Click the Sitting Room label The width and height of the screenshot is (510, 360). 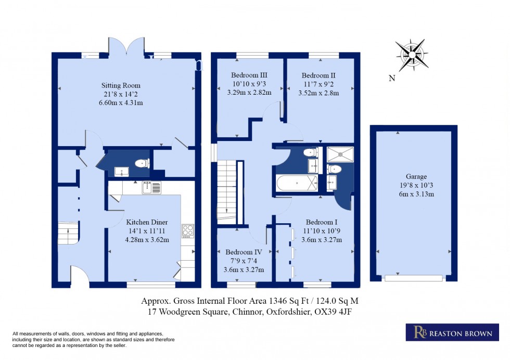121,85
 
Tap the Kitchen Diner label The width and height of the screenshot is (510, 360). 147,222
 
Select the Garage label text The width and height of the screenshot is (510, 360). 416,176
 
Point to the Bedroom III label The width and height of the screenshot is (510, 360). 249,75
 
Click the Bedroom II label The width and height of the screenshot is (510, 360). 318,75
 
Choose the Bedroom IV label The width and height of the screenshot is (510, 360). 244,252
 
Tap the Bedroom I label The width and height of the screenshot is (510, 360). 322,222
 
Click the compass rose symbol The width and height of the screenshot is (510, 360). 412,55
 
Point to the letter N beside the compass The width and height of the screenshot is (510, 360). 392,78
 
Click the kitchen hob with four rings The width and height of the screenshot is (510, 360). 188,231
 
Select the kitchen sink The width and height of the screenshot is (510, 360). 151,188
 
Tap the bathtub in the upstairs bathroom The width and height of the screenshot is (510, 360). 297,184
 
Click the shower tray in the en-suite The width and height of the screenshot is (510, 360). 340,155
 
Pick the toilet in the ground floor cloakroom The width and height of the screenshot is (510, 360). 142,163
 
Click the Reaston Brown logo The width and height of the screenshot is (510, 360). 452,332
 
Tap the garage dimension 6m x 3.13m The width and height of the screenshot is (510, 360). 416,194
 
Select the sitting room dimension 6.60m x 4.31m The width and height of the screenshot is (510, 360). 121,103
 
